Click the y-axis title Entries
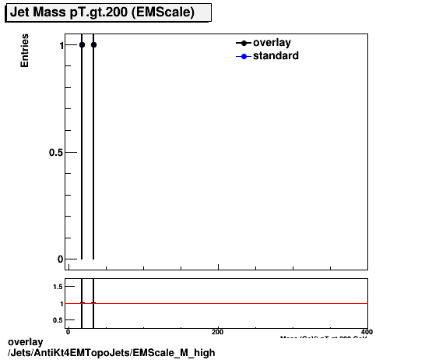click(25, 51)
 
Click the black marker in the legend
click(244, 43)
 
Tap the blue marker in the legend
click(244, 56)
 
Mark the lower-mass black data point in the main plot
click(82, 44)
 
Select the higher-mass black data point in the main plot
click(93, 44)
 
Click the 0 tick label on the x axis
click(68, 332)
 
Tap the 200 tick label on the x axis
click(218, 332)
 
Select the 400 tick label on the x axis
click(367, 332)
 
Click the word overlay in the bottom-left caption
click(25, 342)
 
